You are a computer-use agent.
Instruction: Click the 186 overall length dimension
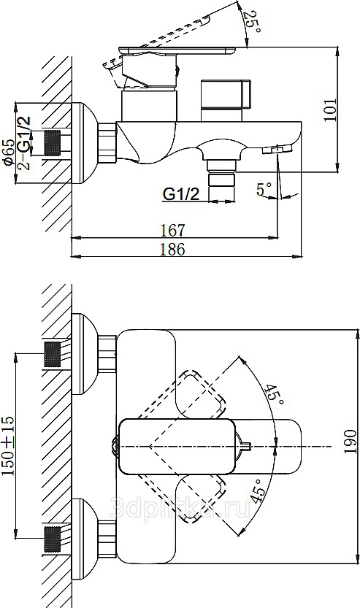(172, 250)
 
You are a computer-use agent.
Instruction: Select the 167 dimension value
(172, 231)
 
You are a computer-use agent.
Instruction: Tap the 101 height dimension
(330, 109)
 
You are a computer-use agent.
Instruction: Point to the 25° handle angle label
(253, 22)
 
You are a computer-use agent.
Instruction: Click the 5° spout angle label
(264, 189)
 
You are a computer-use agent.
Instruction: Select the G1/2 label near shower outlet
(181, 193)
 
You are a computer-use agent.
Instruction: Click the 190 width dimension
(350, 442)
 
